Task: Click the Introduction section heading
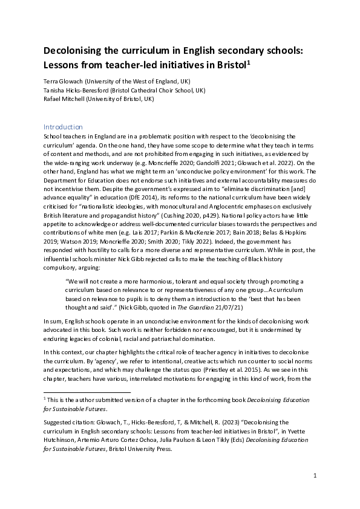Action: coord(63,127)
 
